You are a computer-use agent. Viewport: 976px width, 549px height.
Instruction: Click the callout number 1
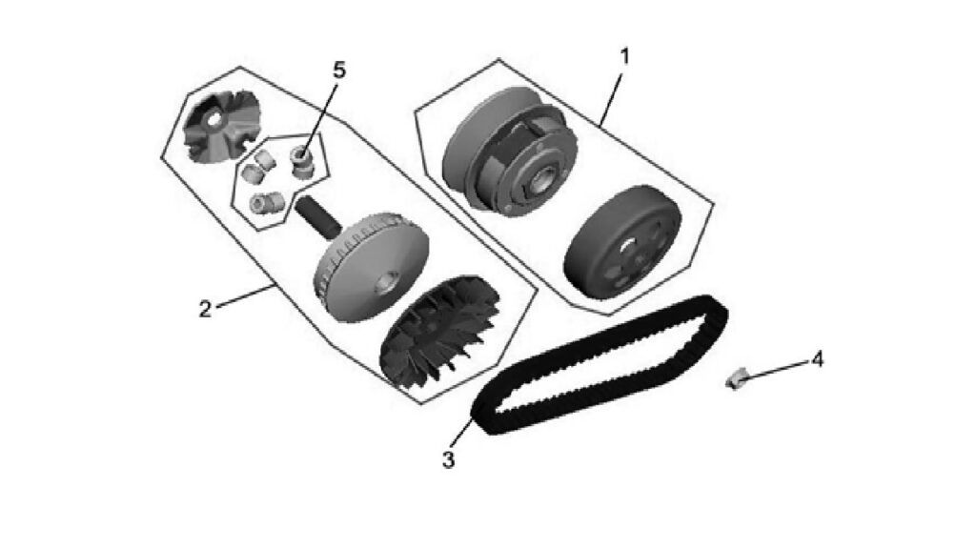[x=625, y=56]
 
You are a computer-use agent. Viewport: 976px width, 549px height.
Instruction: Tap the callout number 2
[x=205, y=309]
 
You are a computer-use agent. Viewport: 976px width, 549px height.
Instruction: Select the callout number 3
[x=448, y=460]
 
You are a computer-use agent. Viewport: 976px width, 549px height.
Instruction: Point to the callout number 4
[x=817, y=359]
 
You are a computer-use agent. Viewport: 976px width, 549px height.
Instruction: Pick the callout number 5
[x=339, y=71]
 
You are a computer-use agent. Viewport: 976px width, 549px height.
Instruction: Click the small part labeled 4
[x=736, y=378]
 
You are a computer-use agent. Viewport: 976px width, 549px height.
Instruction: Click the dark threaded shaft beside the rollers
[x=318, y=218]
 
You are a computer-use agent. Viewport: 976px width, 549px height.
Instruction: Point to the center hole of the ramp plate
[x=214, y=120]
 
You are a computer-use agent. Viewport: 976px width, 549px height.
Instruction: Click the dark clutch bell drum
[x=622, y=242]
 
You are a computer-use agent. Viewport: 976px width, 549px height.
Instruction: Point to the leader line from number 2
[x=245, y=295]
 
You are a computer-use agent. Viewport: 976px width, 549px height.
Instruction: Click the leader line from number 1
[x=610, y=100]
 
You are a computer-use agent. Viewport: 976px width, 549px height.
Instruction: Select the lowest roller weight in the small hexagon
[x=267, y=202]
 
